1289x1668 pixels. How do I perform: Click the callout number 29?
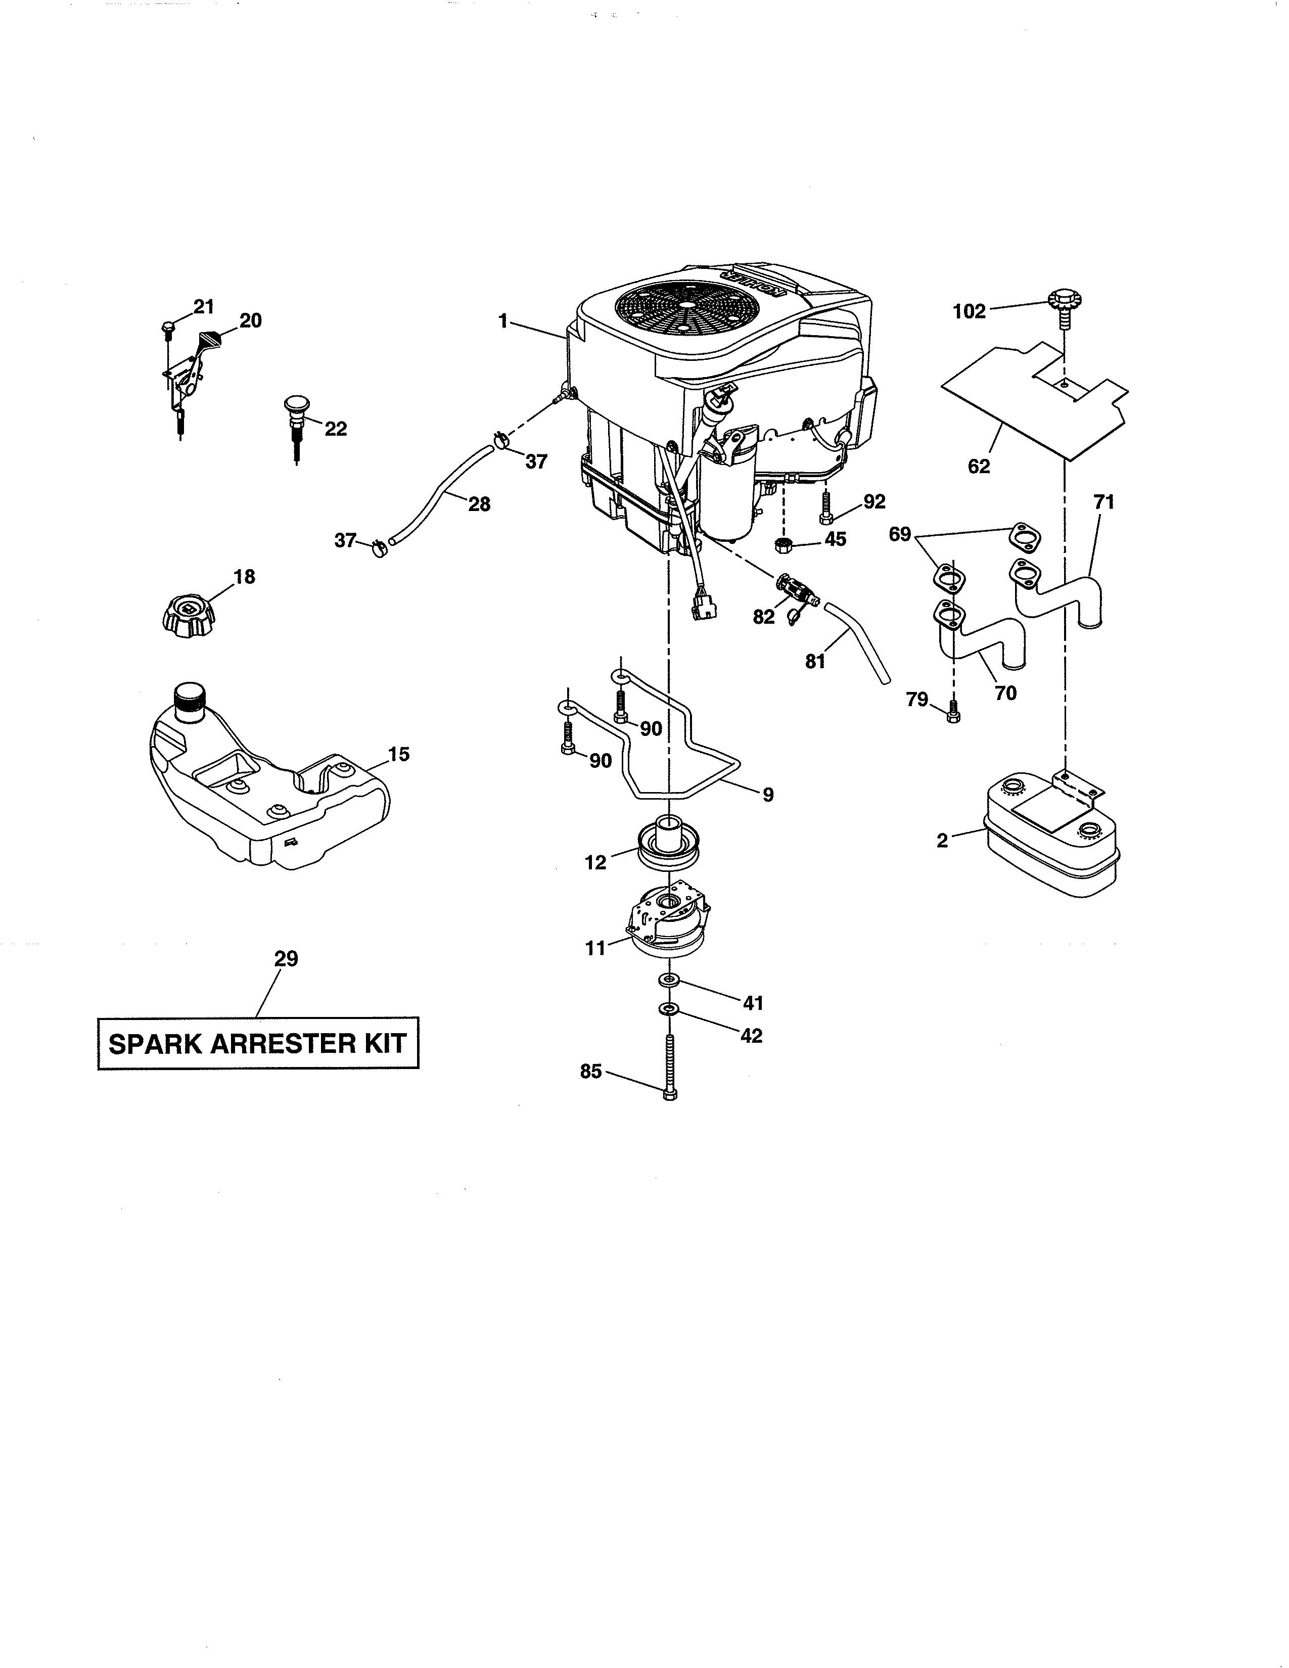pos(286,958)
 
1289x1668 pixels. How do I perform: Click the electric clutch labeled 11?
pos(669,924)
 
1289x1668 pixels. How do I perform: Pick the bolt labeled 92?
pos(826,508)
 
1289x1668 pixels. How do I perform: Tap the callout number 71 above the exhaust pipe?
pos(1103,502)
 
